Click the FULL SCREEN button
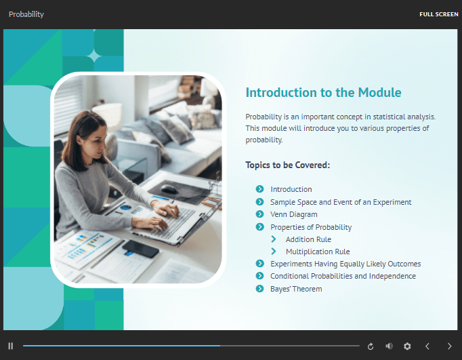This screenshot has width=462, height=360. pos(439,14)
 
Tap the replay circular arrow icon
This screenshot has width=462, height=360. pos(371,346)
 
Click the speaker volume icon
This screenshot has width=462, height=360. pos(389,346)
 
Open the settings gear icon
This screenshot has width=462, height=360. pos(407,346)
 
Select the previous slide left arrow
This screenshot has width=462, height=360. pos(427,346)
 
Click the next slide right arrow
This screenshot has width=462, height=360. pos(449,346)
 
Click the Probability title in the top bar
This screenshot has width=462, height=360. pos(26,14)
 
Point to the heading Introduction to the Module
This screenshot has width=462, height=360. pos(323,92)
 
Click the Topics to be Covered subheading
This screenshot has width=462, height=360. pos(288,165)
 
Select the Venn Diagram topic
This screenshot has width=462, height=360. pos(294,214)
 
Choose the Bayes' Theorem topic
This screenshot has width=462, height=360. pos(296,289)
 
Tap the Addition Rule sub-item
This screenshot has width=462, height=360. pos(308,239)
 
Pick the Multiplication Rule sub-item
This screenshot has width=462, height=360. pos(318,252)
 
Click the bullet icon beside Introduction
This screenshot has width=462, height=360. pos(260,189)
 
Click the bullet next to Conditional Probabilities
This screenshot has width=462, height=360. pos(260,276)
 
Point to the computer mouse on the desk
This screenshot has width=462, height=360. pos(169,189)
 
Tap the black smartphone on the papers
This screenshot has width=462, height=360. pos(140,249)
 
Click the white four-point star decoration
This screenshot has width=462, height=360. pos(94,56)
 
